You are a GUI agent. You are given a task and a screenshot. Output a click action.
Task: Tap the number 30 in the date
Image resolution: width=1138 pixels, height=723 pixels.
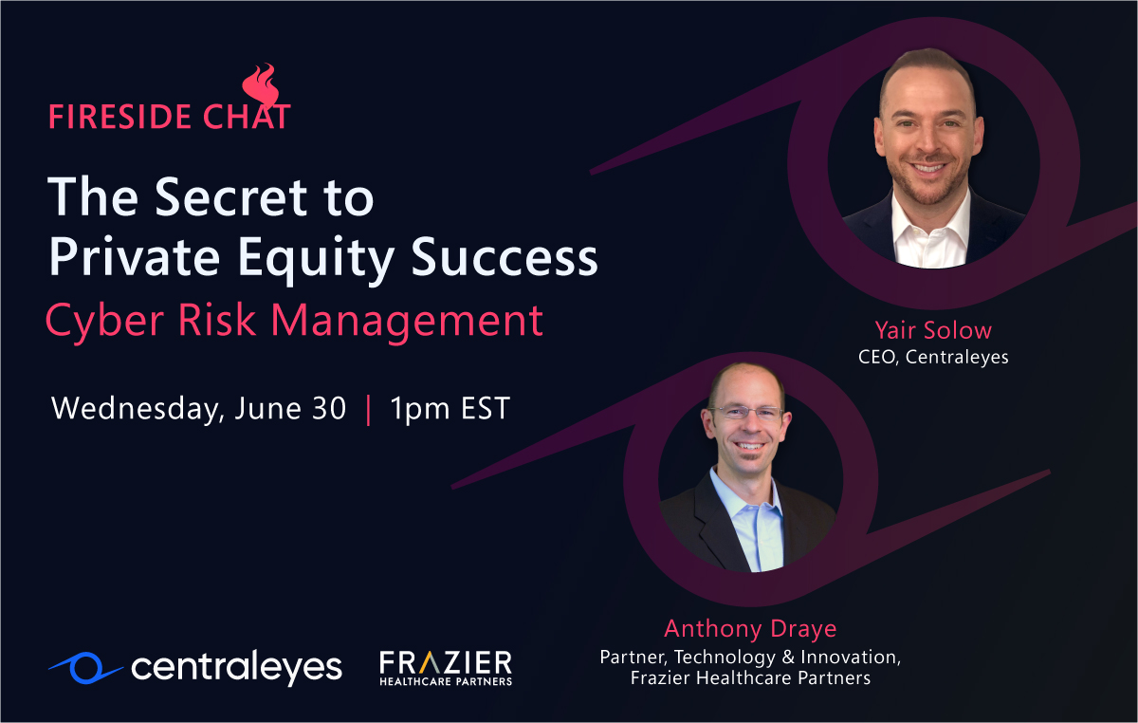327,408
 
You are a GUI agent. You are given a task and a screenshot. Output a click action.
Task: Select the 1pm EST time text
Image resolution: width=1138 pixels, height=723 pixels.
450,408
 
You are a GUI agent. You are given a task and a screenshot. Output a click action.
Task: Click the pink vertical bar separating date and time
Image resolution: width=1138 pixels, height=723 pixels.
368,409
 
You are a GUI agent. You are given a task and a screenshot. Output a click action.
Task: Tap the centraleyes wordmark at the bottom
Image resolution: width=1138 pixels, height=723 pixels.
236,667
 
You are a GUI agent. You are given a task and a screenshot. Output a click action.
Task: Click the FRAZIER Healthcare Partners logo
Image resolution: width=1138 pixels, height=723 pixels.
445,667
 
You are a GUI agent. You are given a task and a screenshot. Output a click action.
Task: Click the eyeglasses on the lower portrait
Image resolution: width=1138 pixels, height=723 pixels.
748,414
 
